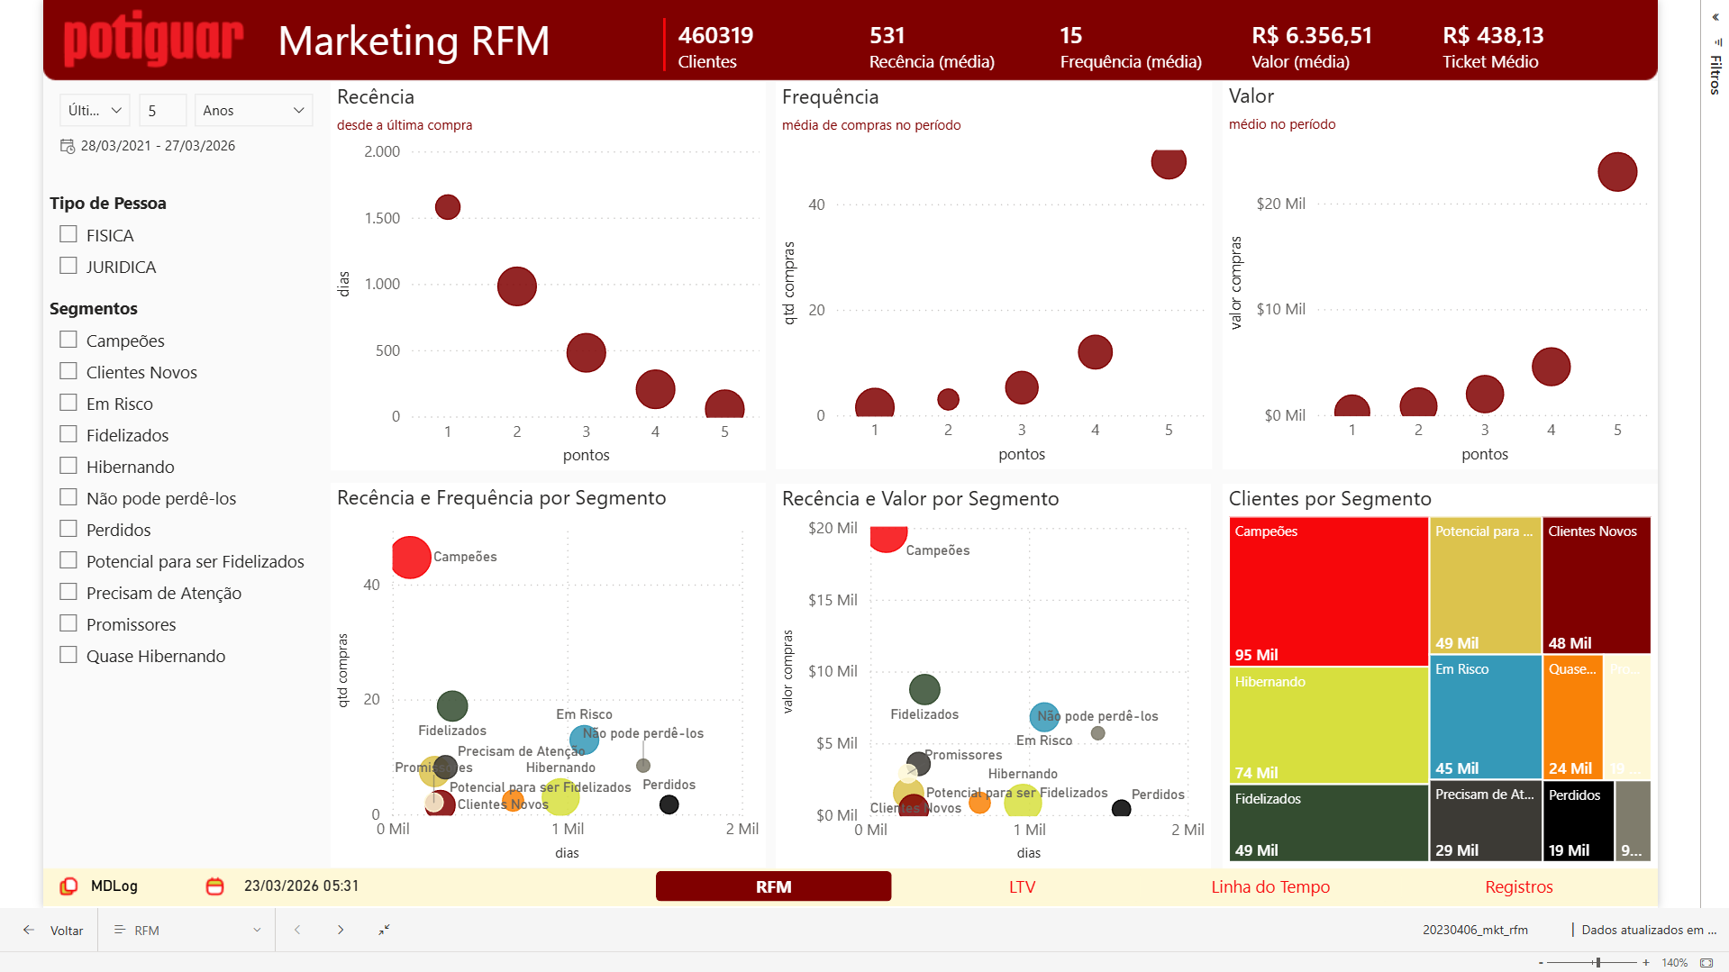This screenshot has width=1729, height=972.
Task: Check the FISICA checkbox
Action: click(68, 234)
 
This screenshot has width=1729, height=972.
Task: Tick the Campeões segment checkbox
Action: click(68, 340)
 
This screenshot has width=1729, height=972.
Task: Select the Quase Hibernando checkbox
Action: click(68, 655)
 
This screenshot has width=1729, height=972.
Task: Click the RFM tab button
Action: click(773, 886)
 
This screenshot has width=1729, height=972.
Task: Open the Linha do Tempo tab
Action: click(1269, 886)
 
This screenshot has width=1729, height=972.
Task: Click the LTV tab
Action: click(1022, 886)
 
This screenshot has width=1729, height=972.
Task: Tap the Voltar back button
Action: click(54, 930)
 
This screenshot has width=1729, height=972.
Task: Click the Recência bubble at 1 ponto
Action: click(448, 207)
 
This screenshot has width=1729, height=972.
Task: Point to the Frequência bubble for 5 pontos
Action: click(1168, 163)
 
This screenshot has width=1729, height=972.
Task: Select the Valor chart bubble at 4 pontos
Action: click(1551, 367)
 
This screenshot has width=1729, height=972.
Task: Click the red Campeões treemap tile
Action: click(1328, 591)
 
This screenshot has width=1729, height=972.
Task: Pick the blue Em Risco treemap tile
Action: click(1485, 716)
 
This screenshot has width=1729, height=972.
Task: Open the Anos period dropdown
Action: click(253, 110)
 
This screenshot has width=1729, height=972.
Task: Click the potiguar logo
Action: click(153, 41)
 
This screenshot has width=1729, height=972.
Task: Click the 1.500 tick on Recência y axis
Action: click(382, 218)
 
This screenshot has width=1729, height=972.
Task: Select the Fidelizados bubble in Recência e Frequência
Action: click(452, 705)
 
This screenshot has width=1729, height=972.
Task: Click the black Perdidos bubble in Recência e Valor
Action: click(1121, 808)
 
